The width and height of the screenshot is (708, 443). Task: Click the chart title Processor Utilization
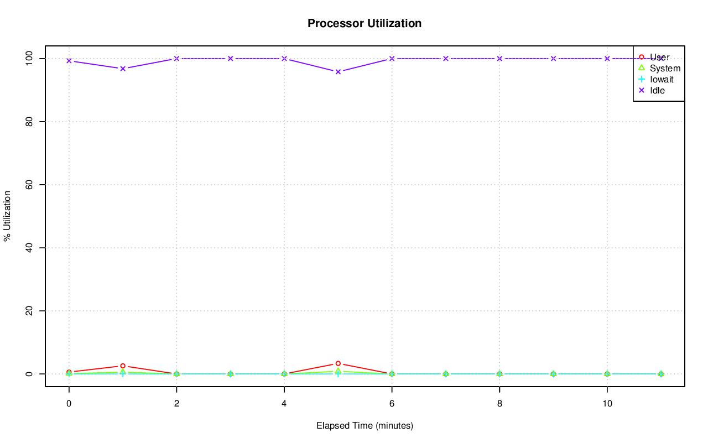(365, 24)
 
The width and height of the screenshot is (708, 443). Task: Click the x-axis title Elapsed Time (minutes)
(365, 426)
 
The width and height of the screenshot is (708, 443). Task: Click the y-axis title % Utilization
(8, 216)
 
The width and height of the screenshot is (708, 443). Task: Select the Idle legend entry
(657, 90)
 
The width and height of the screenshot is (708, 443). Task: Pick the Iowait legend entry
(662, 79)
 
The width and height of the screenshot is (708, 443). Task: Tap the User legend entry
(659, 57)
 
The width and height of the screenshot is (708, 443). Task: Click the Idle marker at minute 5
(338, 71)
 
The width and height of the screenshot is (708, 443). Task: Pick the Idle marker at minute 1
(123, 68)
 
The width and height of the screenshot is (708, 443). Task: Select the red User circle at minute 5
(338, 363)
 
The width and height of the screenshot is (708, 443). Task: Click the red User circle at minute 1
(123, 366)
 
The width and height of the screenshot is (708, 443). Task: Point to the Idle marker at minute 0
(69, 61)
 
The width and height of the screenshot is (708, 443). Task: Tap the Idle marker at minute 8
(499, 59)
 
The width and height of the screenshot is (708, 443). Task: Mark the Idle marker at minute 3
(231, 59)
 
